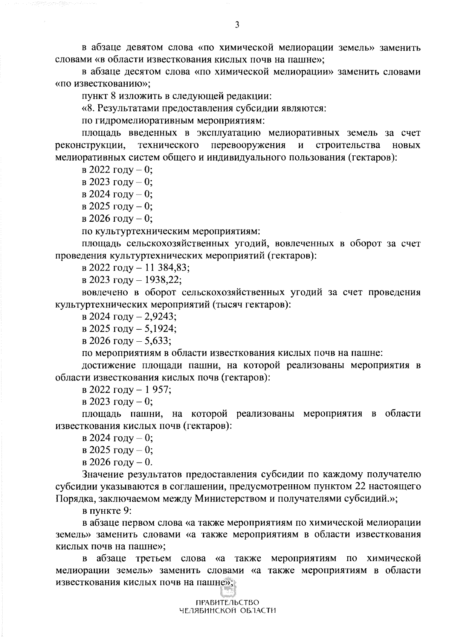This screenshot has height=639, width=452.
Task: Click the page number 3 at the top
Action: pyautogui.click(x=237, y=25)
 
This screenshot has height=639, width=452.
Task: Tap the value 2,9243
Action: pyautogui.click(x=160, y=316)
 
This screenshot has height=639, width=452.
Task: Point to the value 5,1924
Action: pyautogui.click(x=160, y=329)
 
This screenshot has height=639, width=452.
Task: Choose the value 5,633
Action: pyautogui.click(x=158, y=341)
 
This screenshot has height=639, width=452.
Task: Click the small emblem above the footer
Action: pyautogui.click(x=227, y=601)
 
